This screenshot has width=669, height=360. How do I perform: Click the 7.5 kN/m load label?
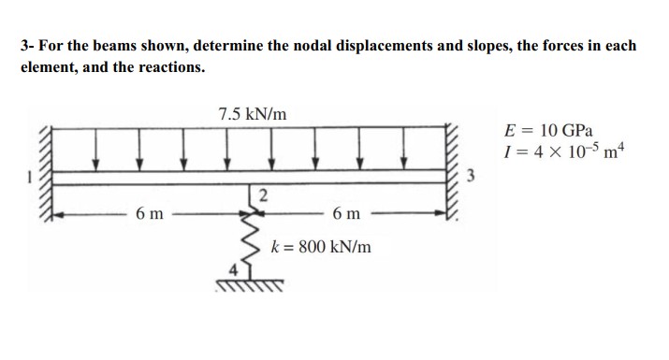click(253, 114)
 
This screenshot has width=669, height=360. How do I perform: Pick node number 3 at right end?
click(473, 175)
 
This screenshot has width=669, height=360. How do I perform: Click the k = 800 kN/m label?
click(320, 248)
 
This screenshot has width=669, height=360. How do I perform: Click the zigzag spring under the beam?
click(248, 238)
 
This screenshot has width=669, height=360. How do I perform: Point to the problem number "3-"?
click(28, 46)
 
